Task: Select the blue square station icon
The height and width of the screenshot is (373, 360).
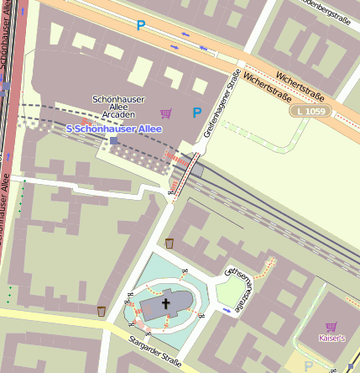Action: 114,141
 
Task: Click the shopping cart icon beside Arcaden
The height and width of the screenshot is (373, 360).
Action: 165,113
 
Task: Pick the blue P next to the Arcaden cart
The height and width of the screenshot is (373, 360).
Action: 197,113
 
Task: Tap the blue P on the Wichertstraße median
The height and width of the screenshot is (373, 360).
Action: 141,26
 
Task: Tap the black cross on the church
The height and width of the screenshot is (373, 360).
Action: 165,304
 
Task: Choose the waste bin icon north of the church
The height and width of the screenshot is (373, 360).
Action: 170,244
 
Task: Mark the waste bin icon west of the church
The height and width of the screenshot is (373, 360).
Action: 102,311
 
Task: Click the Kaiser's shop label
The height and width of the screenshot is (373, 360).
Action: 331,339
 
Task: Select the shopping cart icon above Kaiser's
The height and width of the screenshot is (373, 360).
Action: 331,326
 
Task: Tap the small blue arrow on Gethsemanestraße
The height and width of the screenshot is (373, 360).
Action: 228,310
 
